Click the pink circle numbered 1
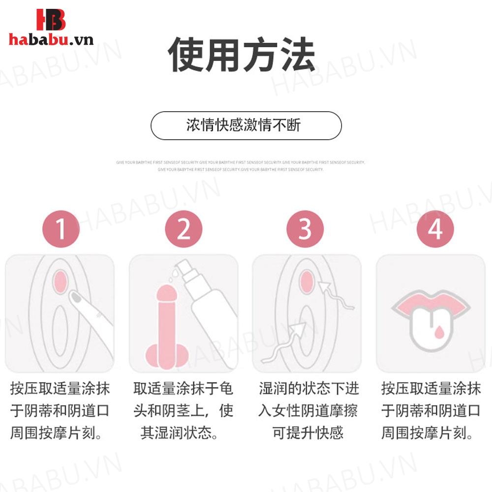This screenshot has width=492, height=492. click(61, 229)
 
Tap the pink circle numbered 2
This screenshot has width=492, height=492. click(184, 229)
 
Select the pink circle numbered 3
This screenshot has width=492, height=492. click(305, 229)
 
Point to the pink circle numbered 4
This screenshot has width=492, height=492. click(435, 229)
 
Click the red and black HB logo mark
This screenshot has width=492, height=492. click(50, 20)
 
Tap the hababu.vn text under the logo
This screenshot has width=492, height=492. click(51, 39)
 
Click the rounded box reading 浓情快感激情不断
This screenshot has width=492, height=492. click(246, 125)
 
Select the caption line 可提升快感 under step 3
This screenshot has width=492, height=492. click(307, 433)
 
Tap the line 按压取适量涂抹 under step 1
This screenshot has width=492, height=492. click(60, 389)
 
